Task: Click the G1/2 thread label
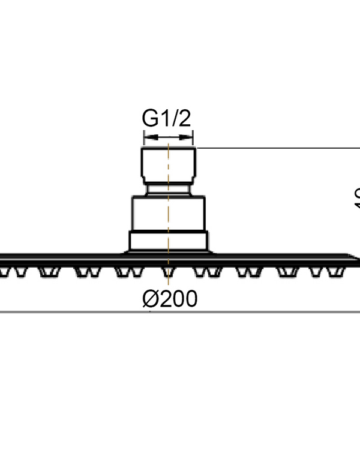click(166, 118)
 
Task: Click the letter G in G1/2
click(150, 118)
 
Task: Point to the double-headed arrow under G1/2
click(168, 137)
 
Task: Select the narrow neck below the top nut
click(169, 190)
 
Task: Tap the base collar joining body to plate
click(169, 242)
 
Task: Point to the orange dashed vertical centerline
click(169, 204)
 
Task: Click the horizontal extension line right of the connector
click(276, 147)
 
